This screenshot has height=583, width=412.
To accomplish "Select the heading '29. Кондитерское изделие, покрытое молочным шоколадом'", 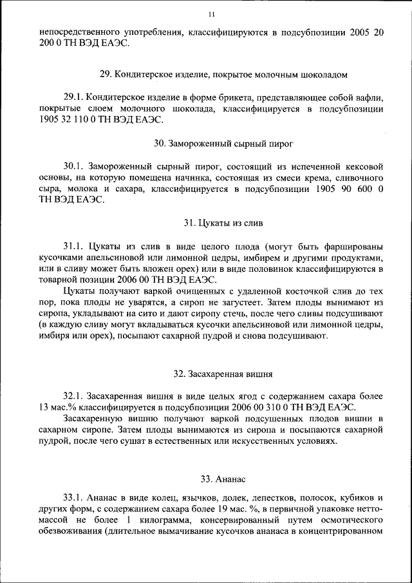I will pyautogui.click(x=214, y=75).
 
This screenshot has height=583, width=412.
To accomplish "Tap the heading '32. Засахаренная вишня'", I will pyautogui.click(x=214, y=373).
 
